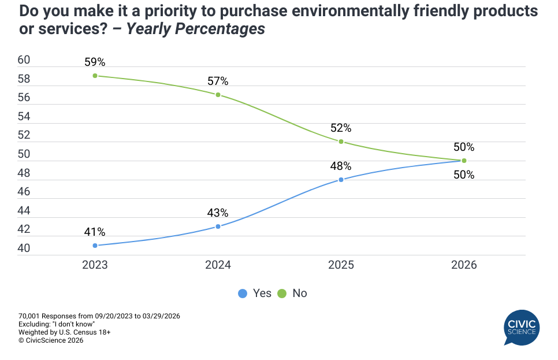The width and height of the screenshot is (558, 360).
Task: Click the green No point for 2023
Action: click(95, 76)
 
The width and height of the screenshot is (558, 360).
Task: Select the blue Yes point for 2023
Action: click(95, 246)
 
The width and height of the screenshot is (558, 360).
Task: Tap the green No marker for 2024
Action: click(218, 95)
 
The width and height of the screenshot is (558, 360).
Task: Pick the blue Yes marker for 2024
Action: click(218, 227)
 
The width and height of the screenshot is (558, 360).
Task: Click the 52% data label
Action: click(341, 128)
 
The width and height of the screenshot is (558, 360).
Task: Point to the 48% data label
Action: click(341, 166)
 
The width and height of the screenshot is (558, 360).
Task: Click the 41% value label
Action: click(95, 232)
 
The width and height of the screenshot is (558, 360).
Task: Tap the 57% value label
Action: click(218, 81)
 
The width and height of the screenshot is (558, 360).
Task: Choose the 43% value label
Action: click(218, 213)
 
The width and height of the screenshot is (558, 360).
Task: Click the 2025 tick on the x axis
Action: click(341, 265)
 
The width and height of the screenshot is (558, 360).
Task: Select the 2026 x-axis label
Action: click(464, 265)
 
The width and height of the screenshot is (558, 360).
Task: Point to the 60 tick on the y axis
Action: click(24, 61)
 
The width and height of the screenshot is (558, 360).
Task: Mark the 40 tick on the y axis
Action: click(24, 248)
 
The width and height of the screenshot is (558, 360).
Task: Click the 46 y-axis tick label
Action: click(24, 192)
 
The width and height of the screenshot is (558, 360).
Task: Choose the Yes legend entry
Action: click(255, 294)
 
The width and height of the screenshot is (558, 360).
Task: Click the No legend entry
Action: click(293, 294)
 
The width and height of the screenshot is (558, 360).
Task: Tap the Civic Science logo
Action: click(522, 328)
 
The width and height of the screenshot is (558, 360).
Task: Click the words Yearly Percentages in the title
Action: click(196, 29)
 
